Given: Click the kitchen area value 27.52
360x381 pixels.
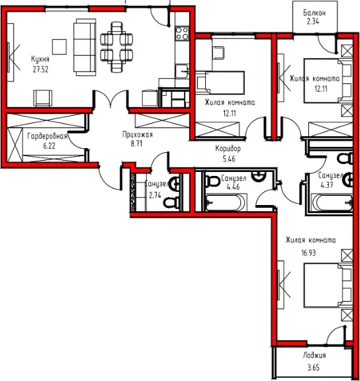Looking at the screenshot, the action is pos(40,69).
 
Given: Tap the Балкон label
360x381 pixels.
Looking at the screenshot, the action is pos(314,13).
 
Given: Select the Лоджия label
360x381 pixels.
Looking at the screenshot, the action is pos(314,355).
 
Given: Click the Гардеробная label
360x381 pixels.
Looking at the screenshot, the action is pos(47,136).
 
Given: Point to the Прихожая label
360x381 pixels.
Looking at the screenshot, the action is pos(138,134).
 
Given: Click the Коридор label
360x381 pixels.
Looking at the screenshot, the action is pos(228,148).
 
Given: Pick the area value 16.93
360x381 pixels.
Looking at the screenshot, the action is pos(308,253).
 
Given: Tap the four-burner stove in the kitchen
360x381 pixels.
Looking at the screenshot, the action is pos(182,33).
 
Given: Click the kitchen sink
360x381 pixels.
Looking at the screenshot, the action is pos(182,71).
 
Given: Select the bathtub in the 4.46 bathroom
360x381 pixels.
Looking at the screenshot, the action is pos(226,202).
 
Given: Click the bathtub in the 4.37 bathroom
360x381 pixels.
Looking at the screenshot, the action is pos(332,202).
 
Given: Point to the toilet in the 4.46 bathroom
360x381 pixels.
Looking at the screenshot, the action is pos(212,181).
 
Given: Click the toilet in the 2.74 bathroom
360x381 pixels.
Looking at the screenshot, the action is pos(171,202).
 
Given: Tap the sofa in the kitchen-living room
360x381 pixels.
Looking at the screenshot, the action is pos(85,47).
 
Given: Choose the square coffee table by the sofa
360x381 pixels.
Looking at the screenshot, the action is pos(60,47).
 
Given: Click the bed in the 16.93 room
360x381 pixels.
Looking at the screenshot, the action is pos(328,285).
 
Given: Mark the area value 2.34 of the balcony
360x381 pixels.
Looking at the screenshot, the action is pos(313,22).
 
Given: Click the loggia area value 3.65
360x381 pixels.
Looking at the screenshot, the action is pos(314,367).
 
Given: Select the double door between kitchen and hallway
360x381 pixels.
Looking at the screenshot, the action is pos(111,99).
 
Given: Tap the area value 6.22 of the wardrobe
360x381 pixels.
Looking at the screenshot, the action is pos(49,146).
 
